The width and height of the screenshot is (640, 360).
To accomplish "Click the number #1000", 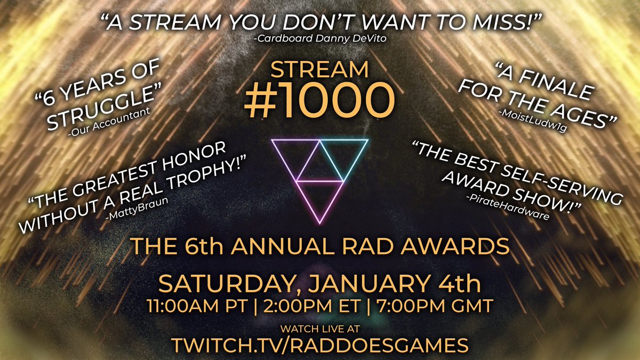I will pyautogui.click(x=319, y=102).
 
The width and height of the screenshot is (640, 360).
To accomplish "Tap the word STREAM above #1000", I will pyautogui.click(x=319, y=69).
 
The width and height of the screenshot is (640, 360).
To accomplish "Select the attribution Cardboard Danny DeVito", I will pyautogui.click(x=320, y=38).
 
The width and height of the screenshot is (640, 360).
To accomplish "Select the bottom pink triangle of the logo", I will pyautogui.click(x=319, y=197).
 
